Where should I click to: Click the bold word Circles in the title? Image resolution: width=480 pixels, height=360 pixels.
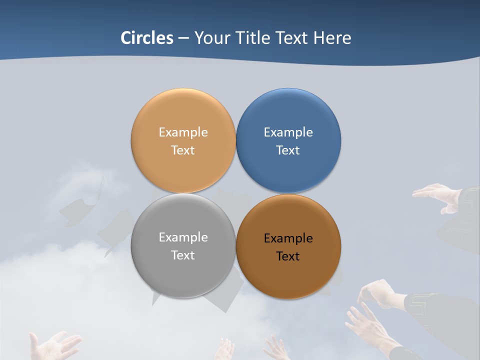coord(147,38)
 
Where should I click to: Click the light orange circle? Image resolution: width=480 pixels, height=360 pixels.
coord(183,112)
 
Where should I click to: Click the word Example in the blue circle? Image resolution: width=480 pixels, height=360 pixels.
coord(288,132)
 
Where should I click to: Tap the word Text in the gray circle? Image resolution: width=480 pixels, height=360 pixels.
coord(183,255)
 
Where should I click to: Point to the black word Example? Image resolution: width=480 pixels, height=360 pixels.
coord(288,238)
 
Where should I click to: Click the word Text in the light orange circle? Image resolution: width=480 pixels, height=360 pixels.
coord(183,150)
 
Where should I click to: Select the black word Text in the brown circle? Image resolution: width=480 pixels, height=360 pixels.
coord(288,256)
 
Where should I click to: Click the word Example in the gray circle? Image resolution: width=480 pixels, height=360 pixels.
coord(183,237)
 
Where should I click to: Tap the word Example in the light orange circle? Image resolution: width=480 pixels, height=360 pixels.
coord(183,132)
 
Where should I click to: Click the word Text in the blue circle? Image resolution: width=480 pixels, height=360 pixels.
coord(288,150)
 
